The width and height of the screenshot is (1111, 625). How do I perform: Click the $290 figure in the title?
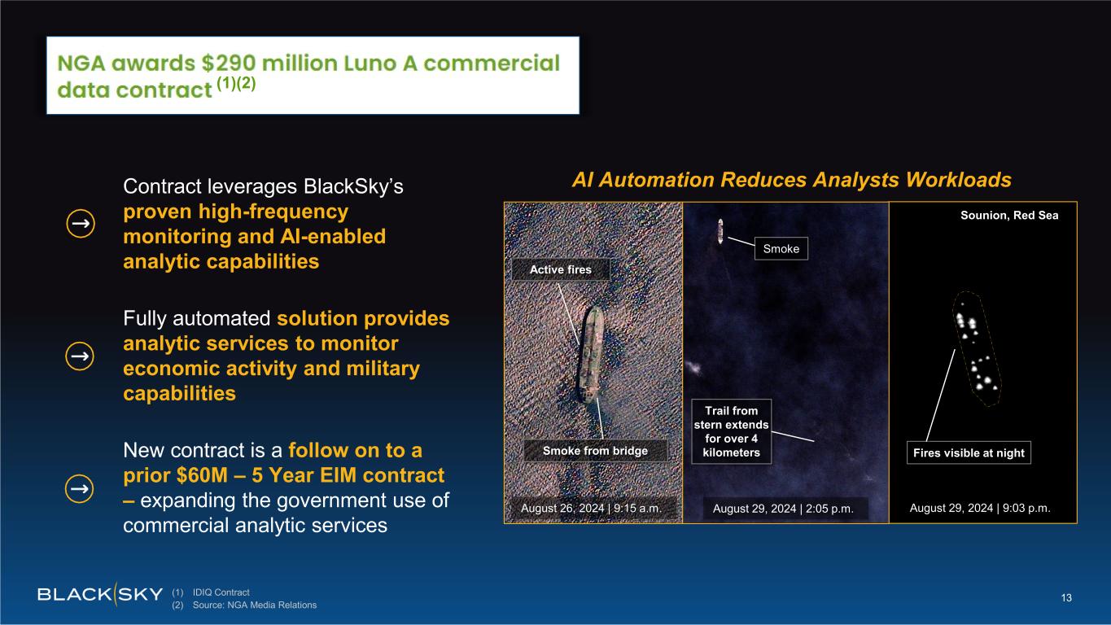(x=229, y=63)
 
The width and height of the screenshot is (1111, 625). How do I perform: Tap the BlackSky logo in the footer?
(x=100, y=594)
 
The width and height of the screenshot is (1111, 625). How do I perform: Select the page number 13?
(x=1066, y=597)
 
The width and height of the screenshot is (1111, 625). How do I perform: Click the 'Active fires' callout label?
(x=561, y=269)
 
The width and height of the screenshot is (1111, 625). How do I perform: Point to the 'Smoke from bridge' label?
(x=595, y=450)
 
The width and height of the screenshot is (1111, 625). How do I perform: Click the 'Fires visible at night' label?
(x=969, y=452)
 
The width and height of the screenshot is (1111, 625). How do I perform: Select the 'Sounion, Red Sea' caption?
(x=1009, y=216)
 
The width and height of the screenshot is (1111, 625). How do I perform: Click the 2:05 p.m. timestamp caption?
(x=829, y=509)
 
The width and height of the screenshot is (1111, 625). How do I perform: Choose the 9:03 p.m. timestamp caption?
(x=1026, y=508)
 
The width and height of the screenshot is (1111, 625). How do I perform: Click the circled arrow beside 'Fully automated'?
(x=80, y=356)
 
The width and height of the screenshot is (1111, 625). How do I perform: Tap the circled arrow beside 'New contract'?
(x=80, y=488)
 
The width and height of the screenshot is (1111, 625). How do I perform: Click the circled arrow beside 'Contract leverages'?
(x=81, y=223)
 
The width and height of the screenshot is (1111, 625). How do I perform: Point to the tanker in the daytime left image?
(x=590, y=355)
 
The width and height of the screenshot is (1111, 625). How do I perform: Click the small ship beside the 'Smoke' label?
(x=720, y=231)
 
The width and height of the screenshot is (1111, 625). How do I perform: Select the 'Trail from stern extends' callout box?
(x=731, y=431)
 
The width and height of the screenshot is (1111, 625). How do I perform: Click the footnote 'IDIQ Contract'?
(x=221, y=592)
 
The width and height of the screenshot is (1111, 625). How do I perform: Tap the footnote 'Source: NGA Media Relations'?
(x=255, y=605)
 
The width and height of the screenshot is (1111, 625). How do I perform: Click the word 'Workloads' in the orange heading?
(x=959, y=180)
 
